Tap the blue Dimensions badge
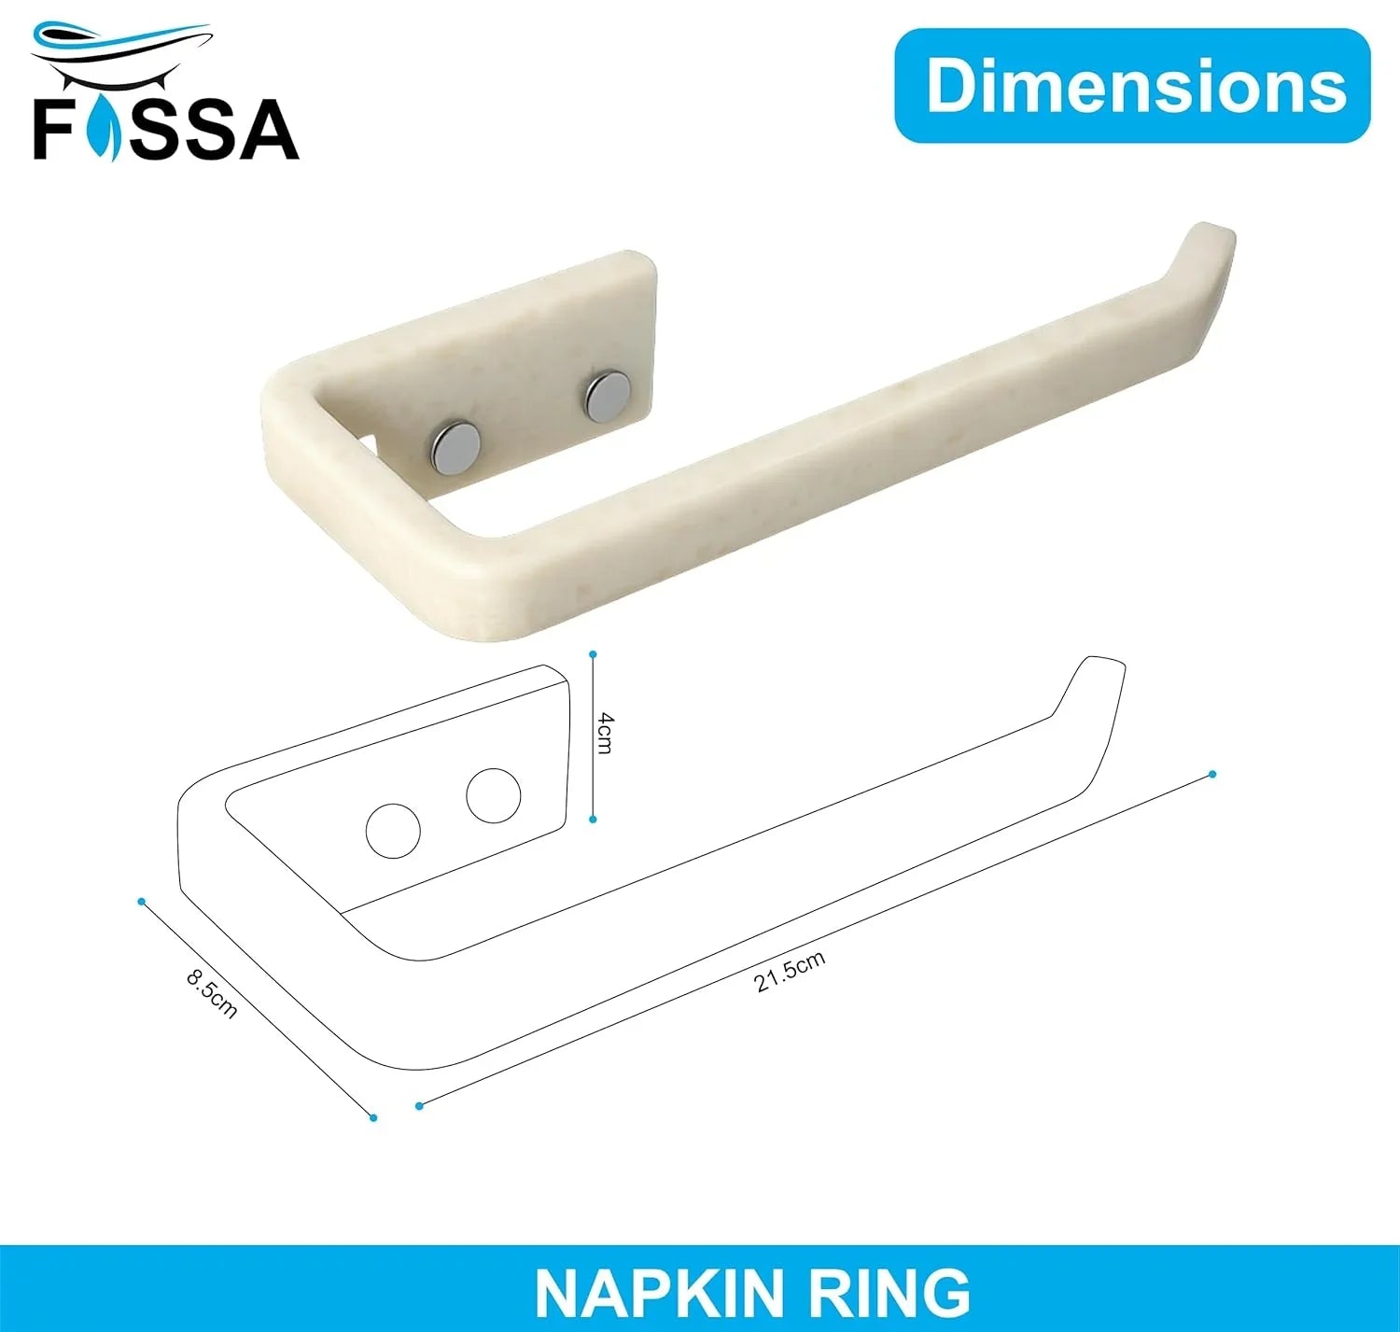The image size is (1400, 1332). (x=1132, y=86)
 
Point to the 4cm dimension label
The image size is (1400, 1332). (x=606, y=733)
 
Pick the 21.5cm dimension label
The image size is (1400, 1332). (x=790, y=972)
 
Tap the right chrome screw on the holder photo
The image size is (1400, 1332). (x=607, y=395)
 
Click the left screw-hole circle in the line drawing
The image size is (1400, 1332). (x=393, y=831)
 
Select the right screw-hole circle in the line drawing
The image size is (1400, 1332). (x=493, y=796)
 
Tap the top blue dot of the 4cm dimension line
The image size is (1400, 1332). (x=593, y=654)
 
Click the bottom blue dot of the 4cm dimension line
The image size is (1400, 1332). (x=593, y=820)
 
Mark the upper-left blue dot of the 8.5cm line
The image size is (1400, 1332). (x=141, y=901)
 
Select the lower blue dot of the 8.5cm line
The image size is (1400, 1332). (x=373, y=1117)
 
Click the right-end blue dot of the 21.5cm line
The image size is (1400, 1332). (x=1212, y=774)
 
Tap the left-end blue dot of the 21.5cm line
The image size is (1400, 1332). (x=419, y=1106)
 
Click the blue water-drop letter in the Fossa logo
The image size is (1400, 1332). (x=104, y=128)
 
